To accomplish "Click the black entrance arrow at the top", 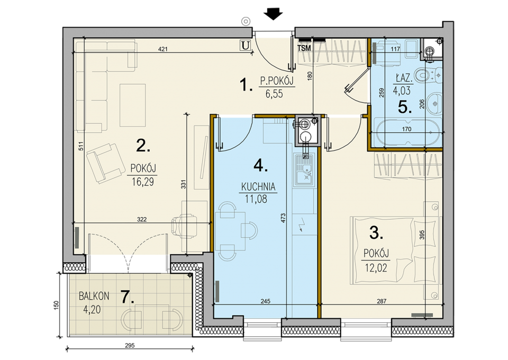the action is coord(273,14).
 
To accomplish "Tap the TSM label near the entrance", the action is coord(304,48).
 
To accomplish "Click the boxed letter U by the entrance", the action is coord(246,46).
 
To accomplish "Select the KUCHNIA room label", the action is coord(258,187).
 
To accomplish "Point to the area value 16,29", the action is coord(143,182).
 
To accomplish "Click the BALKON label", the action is coord(94,296).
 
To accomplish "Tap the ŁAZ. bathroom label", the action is coord(404,78).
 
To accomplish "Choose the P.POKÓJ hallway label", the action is coord(277,80).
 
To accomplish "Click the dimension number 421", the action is coord(162,49).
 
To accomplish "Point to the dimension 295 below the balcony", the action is coord(130,345).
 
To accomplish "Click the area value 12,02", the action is coord(376,268).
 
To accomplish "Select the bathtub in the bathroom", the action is coord(407,131).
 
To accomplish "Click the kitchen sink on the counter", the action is coord(304,170).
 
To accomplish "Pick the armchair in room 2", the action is coord(106,164).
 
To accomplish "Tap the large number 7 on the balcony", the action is coord(127,297).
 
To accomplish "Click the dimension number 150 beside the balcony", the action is coord(57,305).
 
